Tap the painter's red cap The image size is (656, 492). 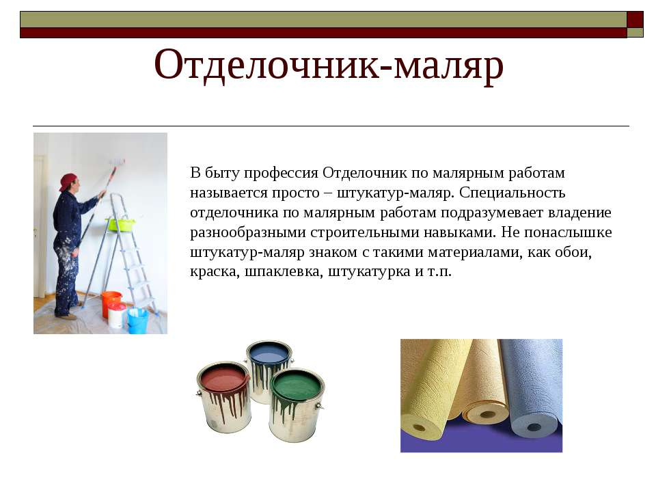[x=68, y=181]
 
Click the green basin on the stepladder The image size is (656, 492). [x=121, y=224]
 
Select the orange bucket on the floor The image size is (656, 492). [x=111, y=303]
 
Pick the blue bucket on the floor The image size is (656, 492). [x=137, y=320]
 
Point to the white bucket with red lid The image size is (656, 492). [x=117, y=315]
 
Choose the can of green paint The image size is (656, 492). [x=297, y=404]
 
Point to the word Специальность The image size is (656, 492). [x=512, y=193]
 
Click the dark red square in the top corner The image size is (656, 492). [x=635, y=19]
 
